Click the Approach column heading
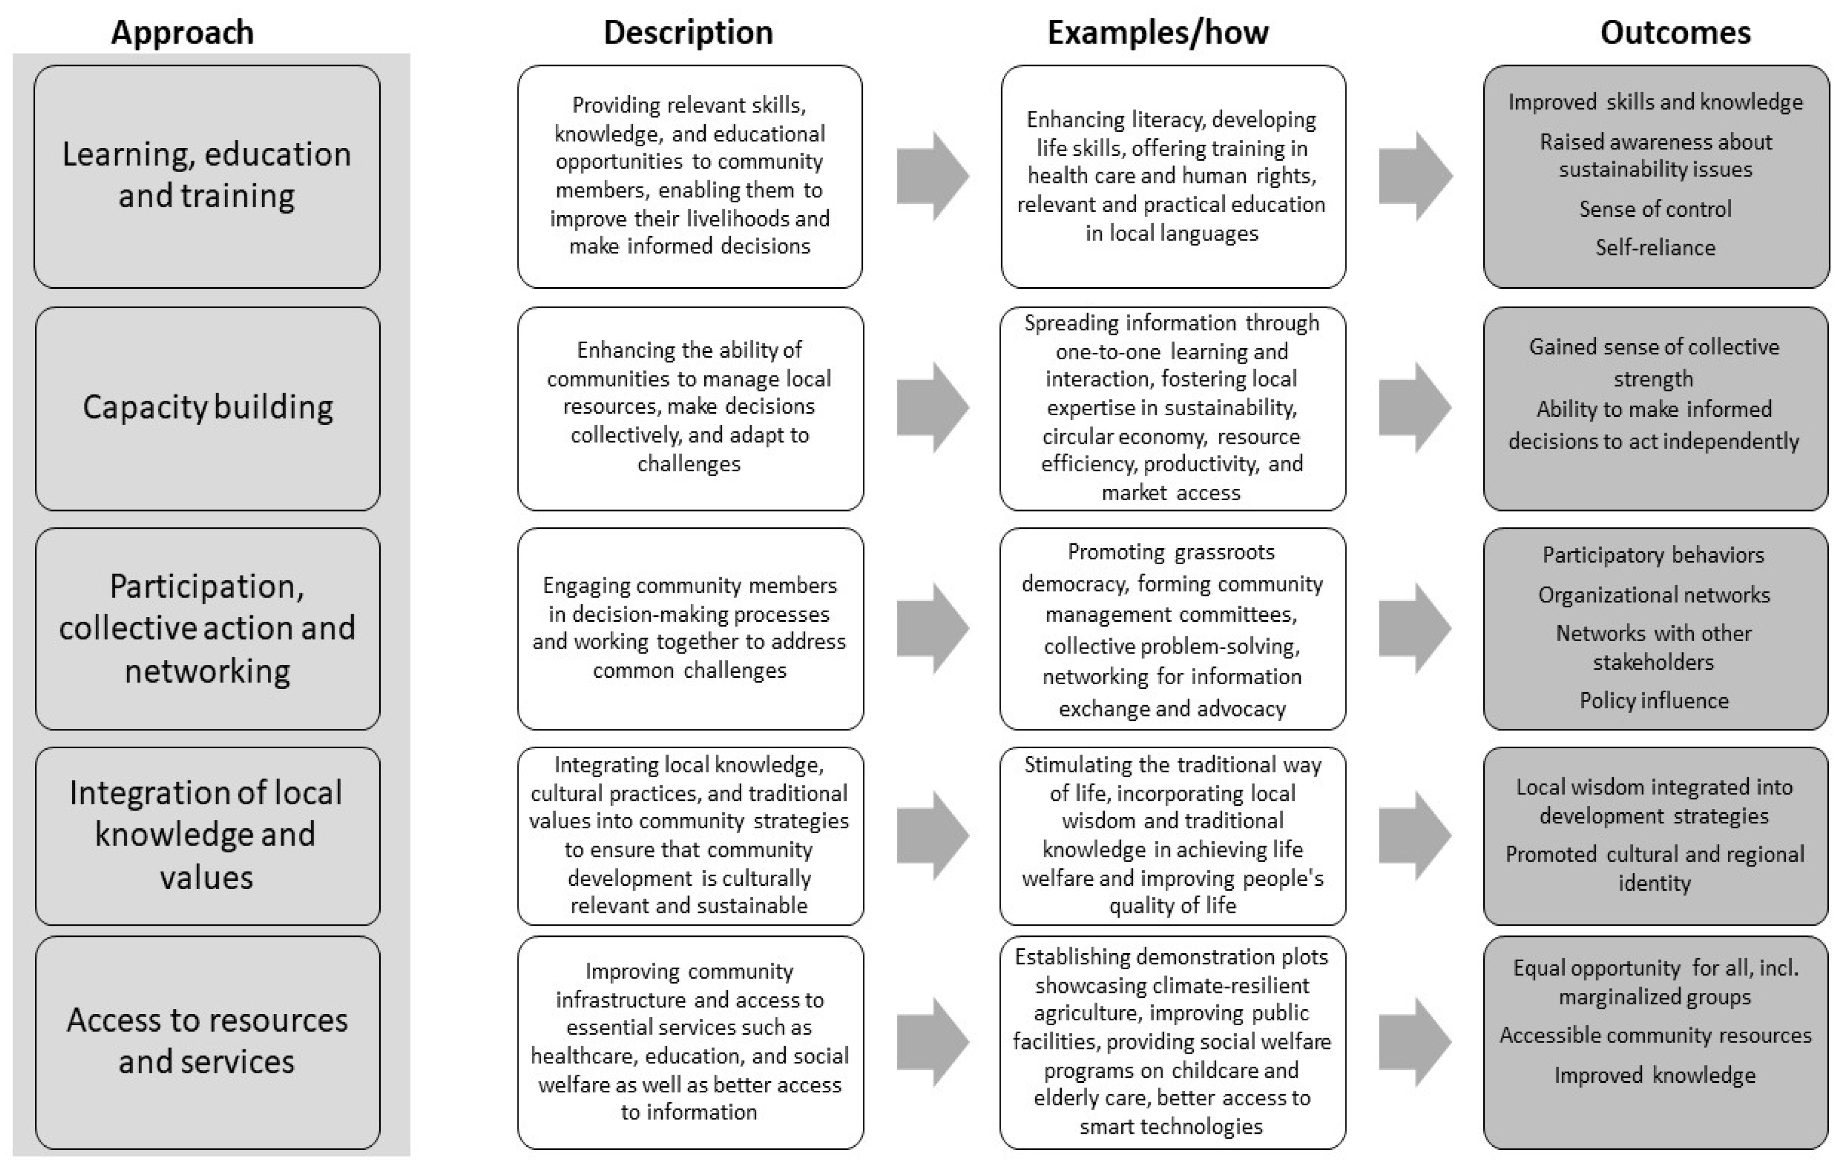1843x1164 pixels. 182,33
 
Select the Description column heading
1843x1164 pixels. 688,33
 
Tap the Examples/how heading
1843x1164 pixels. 1157,33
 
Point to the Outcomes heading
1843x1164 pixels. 1675,33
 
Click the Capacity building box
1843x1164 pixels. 208,407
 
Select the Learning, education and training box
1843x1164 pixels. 208,176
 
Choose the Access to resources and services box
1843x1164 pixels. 208,1041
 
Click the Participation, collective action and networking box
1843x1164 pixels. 208,628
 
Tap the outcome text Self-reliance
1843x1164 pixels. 1655,247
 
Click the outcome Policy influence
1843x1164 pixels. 1654,700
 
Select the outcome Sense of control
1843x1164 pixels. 1655,209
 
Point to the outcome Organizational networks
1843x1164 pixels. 1654,594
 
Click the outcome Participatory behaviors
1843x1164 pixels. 1653,555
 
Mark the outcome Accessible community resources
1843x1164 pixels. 1655,1035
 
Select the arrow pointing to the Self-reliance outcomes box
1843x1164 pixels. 1414,176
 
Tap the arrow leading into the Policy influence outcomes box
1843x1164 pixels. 1414,628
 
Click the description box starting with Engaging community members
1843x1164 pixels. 690,628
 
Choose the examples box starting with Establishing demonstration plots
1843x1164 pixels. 1172,1041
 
